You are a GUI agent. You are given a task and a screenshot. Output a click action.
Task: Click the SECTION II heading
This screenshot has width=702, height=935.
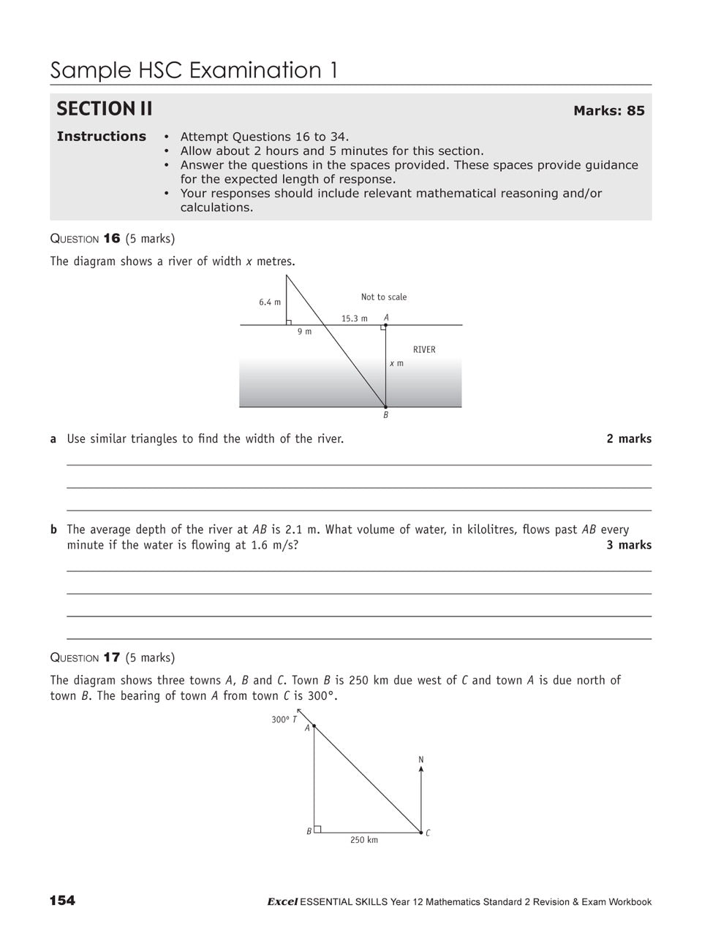(105, 109)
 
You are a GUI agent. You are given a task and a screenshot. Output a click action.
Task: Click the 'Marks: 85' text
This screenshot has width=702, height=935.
(608, 111)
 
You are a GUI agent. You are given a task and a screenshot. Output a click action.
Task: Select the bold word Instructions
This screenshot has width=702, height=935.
(101, 137)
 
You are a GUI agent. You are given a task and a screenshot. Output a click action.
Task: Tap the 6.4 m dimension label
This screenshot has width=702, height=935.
(269, 302)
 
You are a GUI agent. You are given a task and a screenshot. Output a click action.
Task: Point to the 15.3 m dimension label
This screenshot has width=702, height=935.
(354, 318)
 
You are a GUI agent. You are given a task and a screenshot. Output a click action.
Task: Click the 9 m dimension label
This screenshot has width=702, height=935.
(304, 332)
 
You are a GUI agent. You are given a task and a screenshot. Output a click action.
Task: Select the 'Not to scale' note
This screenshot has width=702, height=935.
(383, 297)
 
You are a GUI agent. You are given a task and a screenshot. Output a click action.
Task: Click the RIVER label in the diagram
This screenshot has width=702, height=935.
(424, 350)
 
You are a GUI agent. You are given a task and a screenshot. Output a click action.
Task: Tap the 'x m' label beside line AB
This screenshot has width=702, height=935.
(396, 363)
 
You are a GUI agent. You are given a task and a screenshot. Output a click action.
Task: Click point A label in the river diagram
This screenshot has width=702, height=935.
(386, 318)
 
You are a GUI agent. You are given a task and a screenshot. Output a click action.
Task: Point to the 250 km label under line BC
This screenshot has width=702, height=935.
(363, 840)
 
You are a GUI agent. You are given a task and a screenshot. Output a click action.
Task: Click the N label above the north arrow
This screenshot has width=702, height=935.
(421, 760)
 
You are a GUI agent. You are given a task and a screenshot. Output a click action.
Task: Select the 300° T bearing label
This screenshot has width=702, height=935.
(284, 720)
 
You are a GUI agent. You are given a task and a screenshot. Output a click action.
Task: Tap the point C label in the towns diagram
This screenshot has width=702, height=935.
(428, 833)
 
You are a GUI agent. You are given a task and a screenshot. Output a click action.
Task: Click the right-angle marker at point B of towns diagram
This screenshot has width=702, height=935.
(317, 829)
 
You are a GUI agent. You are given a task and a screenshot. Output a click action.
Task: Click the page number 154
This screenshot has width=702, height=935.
(62, 901)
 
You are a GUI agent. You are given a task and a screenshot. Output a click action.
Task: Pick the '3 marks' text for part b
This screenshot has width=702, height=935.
(628, 545)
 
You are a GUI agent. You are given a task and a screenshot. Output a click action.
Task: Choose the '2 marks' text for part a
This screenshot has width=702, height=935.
(628, 439)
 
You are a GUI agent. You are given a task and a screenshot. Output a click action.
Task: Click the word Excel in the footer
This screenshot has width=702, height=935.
(282, 902)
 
